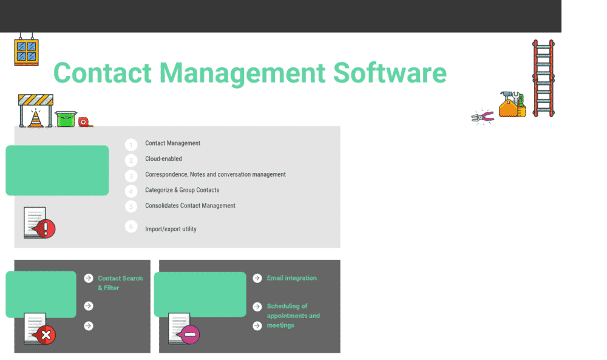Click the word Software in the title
pos(390,73)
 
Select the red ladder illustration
pos(543,78)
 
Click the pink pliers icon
pos(484,117)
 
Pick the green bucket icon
pos(66,119)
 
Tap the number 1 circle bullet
pos(131,144)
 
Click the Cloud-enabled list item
pos(163,159)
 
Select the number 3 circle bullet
pos(131,176)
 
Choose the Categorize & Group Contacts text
pos(182,190)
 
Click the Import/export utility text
pos(171,229)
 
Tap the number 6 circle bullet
pos(131,226)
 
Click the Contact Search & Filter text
pos(120,283)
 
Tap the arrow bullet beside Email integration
pos(257,278)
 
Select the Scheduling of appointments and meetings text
pos(293,316)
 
